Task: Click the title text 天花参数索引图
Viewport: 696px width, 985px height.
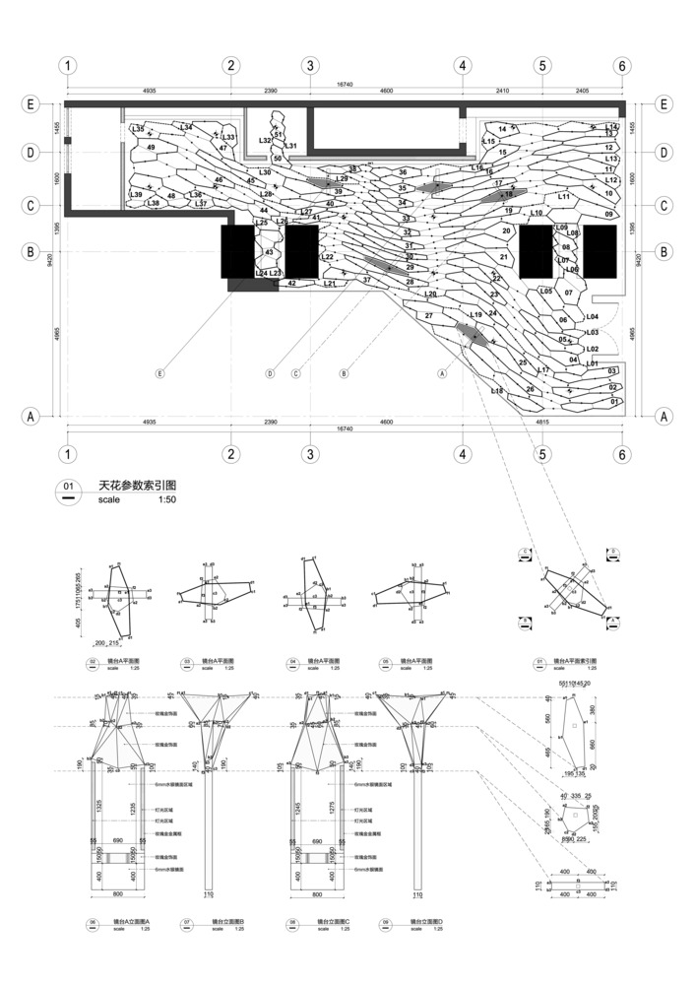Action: (x=137, y=487)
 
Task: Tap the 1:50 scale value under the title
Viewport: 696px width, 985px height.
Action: (x=168, y=500)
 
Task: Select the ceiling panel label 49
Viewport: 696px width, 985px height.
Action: (x=151, y=148)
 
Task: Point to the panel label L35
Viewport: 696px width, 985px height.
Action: (x=139, y=129)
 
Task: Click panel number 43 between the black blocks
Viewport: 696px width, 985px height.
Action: (x=269, y=253)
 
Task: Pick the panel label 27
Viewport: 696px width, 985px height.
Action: (x=428, y=316)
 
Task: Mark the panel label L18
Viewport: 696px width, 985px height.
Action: (x=496, y=391)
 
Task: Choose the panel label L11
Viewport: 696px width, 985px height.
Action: (x=564, y=197)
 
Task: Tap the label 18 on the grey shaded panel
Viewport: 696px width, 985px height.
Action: (x=509, y=195)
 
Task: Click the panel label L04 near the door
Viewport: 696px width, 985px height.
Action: (x=592, y=317)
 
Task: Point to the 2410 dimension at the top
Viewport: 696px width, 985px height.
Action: (x=501, y=91)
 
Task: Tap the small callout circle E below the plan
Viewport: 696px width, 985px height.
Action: (x=159, y=373)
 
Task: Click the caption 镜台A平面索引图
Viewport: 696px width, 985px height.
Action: (x=582, y=659)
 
